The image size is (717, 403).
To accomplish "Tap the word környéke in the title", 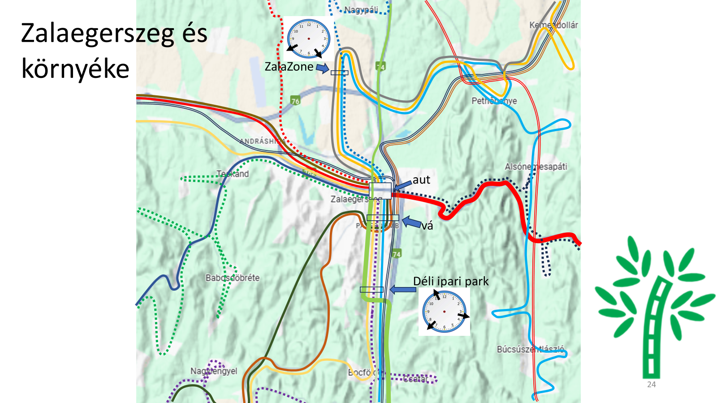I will (x=75, y=69).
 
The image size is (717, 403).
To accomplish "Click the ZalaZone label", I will (x=289, y=67).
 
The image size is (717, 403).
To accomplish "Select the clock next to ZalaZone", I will (x=308, y=39).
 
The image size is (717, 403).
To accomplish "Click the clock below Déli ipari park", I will (x=444, y=311).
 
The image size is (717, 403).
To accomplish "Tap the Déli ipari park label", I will (x=451, y=281).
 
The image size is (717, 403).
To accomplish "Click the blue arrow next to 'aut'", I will (x=402, y=184).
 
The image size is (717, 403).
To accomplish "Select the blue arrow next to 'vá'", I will (x=411, y=222).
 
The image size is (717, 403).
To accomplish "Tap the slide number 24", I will (x=651, y=385).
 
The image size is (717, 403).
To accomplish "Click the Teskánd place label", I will (x=233, y=174).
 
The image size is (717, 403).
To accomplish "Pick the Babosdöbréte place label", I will (x=233, y=278).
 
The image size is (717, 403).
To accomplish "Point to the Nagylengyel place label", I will (x=214, y=371).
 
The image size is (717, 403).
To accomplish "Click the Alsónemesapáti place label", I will (x=536, y=167).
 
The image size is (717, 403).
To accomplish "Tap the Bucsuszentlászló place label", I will (x=531, y=349).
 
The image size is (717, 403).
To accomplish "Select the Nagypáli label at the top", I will (x=361, y=9).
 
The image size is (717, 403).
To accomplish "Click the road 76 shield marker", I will (x=295, y=100).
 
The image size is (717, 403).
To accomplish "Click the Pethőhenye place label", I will (x=494, y=101).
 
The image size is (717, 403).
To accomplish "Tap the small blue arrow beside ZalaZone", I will (x=322, y=69).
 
